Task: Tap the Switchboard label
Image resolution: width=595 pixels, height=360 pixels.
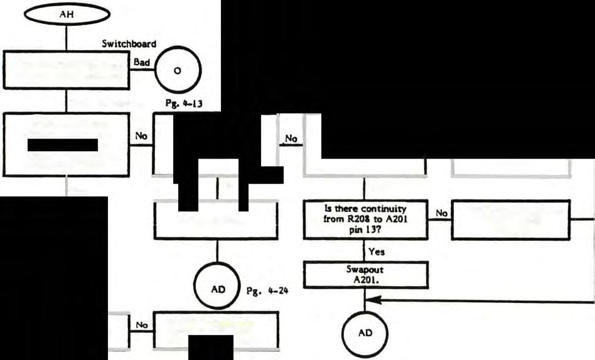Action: tap(129, 45)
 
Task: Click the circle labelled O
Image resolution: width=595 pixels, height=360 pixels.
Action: tap(177, 70)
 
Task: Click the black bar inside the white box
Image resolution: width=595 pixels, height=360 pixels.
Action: tap(63, 145)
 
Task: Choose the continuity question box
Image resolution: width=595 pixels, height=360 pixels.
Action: tap(365, 219)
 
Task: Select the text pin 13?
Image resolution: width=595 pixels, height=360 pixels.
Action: tap(365, 229)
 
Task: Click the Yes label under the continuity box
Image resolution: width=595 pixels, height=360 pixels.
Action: tap(377, 251)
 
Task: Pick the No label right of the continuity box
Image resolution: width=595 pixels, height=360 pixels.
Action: tap(441, 213)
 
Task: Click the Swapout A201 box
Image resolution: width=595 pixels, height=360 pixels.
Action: tap(365, 273)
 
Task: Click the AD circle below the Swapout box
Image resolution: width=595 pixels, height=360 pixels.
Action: tap(365, 333)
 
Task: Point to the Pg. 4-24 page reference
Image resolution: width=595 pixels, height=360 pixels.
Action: tap(262, 292)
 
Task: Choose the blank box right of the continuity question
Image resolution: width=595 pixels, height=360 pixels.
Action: tap(510, 219)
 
